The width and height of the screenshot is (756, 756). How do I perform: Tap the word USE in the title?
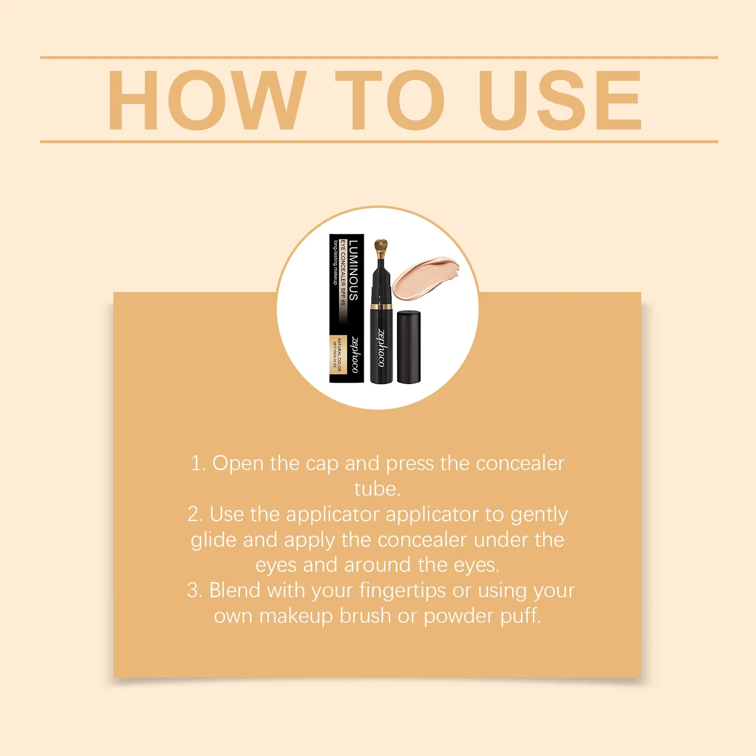[559, 100]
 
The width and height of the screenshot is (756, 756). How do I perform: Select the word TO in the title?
[390, 100]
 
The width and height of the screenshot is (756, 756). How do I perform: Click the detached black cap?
[409, 347]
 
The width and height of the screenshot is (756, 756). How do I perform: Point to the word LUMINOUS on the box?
[353, 270]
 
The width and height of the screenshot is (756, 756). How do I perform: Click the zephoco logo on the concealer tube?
[381, 348]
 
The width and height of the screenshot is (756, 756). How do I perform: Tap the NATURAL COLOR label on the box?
[339, 354]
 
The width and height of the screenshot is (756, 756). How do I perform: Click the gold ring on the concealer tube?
[381, 307]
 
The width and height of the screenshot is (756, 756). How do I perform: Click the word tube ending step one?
[377, 489]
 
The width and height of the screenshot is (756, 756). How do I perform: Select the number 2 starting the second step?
[194, 515]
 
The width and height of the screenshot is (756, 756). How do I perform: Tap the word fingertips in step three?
[402, 590]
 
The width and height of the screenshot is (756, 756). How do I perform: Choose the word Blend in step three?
[234, 590]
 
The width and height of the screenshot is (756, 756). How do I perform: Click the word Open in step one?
[238, 464]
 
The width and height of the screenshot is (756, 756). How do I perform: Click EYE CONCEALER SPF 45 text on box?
[343, 273]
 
